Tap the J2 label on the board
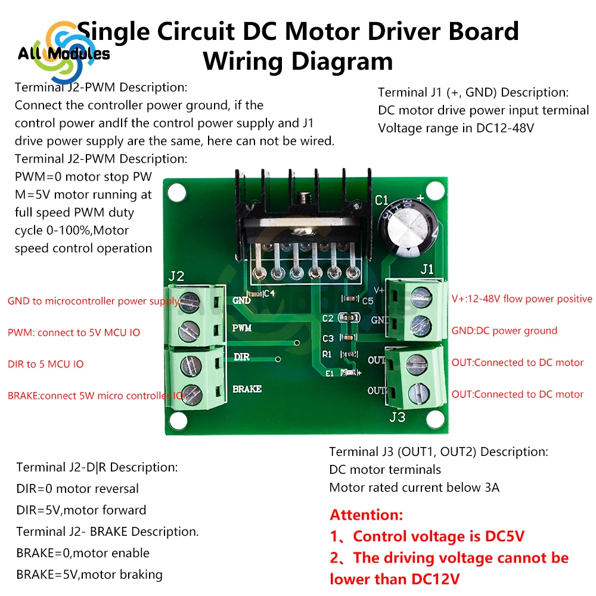[x=176, y=277]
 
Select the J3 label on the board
[x=398, y=417]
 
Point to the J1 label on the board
[x=427, y=269]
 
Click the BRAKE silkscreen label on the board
[x=247, y=389]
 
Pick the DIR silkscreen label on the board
[x=241, y=356]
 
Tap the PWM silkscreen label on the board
[x=241, y=328]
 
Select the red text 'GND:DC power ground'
[x=504, y=331]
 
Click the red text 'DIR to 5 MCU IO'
[x=45, y=364]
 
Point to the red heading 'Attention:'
[x=367, y=515]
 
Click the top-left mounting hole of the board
[x=175, y=193]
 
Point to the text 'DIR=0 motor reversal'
[x=77, y=489]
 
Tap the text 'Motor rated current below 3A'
[x=414, y=488]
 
